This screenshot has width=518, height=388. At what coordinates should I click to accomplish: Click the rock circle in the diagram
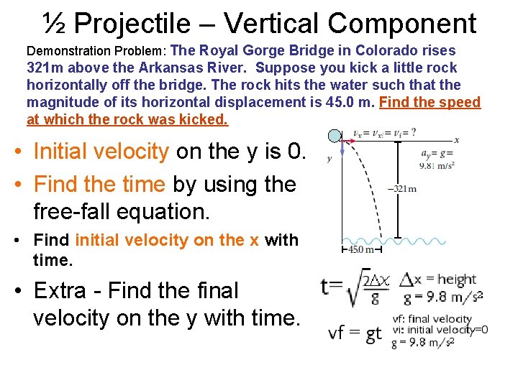[335, 137]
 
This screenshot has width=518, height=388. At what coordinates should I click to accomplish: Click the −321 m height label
[401, 189]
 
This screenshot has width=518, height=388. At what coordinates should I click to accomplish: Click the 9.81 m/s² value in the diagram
[437, 165]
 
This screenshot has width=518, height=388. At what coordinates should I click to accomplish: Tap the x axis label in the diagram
[456, 139]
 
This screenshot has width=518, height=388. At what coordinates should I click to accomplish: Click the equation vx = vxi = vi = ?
[384, 133]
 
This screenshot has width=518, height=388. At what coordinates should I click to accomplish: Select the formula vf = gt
[355, 333]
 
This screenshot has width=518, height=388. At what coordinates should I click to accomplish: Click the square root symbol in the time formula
[355, 290]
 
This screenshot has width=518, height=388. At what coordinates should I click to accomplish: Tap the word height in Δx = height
[456, 280]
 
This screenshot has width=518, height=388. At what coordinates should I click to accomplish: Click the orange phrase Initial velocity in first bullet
[101, 152]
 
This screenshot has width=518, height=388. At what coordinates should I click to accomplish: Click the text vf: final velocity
[431, 319]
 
